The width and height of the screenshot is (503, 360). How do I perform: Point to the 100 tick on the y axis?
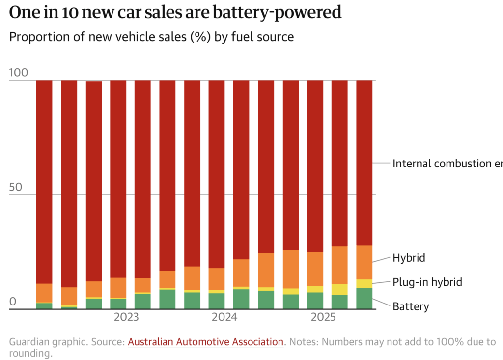(x=19, y=73)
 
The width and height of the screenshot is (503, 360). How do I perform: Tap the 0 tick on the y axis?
(x=13, y=302)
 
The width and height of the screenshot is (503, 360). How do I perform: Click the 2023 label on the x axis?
(x=126, y=317)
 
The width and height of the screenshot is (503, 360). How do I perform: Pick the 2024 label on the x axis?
(x=224, y=317)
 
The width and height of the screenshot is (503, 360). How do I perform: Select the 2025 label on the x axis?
(x=323, y=317)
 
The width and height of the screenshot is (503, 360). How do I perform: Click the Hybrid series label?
(x=409, y=258)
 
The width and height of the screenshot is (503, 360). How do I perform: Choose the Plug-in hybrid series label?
(x=427, y=282)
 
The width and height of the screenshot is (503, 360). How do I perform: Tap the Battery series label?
(x=411, y=307)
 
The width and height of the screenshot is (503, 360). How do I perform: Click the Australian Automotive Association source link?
(x=206, y=342)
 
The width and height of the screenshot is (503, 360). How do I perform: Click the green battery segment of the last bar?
(x=364, y=298)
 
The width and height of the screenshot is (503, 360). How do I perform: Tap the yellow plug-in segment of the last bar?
(x=364, y=283)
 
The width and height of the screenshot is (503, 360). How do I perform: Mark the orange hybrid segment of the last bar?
(x=364, y=262)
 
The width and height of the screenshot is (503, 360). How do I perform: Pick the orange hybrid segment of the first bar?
(x=44, y=293)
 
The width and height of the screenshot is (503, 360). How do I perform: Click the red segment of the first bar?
(x=44, y=182)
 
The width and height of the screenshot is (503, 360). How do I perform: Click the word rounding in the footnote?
(x=29, y=353)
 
